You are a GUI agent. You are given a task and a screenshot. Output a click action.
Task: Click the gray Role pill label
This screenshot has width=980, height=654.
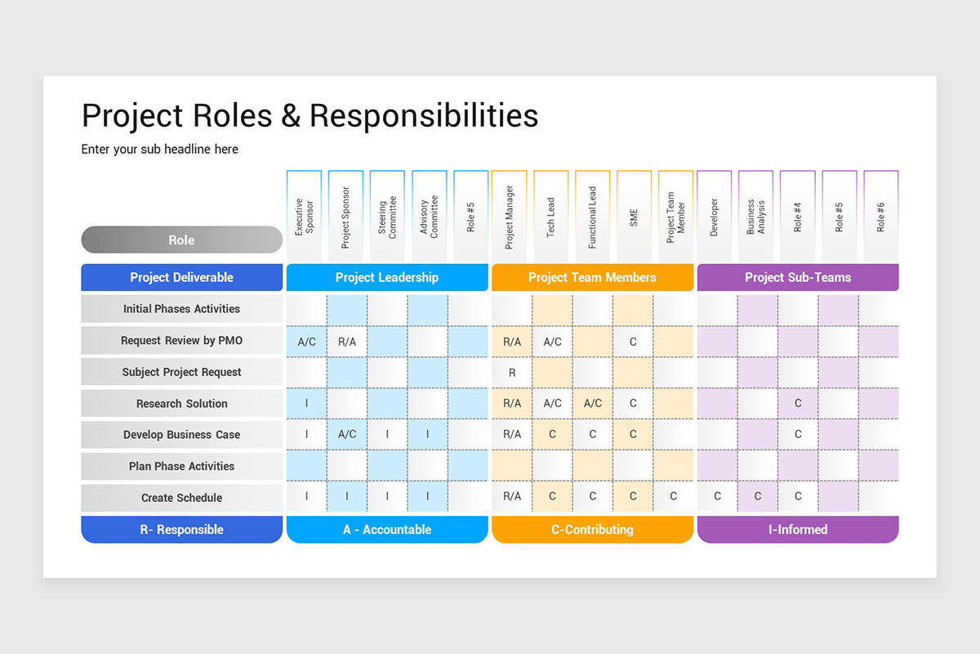[181, 240]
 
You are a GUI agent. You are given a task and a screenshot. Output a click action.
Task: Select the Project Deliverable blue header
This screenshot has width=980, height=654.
[181, 278]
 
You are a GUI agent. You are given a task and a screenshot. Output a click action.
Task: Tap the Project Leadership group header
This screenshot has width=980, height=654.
[387, 278]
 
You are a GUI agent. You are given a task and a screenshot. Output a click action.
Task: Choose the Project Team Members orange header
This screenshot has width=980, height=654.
[592, 278]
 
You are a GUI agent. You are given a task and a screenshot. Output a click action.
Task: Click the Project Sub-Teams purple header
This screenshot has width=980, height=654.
[797, 278]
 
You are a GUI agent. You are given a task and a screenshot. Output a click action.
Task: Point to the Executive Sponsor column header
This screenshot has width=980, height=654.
[304, 217]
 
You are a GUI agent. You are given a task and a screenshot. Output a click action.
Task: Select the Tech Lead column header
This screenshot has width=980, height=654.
[551, 217]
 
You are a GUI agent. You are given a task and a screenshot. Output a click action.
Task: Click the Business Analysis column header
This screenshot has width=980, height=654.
[756, 217]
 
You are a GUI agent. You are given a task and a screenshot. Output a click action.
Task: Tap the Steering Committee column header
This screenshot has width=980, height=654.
[387, 217]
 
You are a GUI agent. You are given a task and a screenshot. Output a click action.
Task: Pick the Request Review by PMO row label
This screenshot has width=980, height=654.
[181, 341]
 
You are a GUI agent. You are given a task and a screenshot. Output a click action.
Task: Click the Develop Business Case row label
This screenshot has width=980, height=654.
[181, 435]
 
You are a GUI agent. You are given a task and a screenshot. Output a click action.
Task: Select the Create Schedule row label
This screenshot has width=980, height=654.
[181, 498]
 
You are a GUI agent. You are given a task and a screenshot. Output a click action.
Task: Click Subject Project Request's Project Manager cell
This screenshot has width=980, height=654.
[512, 373]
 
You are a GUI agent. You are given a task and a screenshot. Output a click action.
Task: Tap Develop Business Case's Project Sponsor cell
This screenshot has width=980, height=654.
[347, 435]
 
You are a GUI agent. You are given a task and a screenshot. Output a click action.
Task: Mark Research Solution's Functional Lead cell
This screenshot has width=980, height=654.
[593, 404]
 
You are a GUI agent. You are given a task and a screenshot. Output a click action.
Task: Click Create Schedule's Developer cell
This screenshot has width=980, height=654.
[717, 496]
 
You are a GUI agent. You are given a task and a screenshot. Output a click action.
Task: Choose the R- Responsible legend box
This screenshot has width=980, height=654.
[181, 530]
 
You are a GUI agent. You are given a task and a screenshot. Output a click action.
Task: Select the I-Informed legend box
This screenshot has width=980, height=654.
[797, 530]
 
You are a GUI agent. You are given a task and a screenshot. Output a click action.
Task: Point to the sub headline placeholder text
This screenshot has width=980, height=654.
[160, 150]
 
